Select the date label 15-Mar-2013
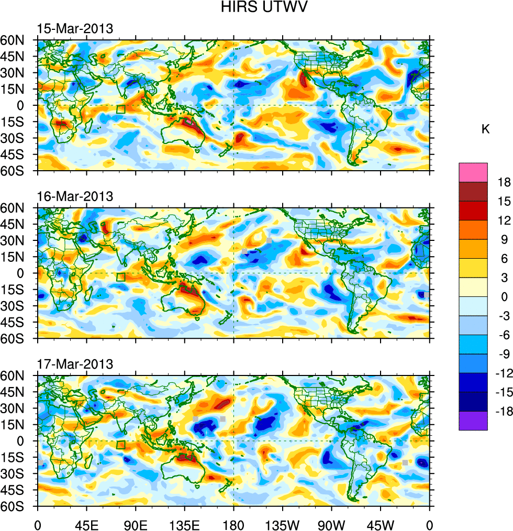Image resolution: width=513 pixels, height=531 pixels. pyautogui.click(x=74, y=29)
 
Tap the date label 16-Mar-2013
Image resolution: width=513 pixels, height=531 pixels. pyautogui.click(x=74, y=196)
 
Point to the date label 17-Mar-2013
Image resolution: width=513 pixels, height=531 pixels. pyautogui.click(x=74, y=364)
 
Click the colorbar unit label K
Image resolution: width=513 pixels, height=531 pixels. pyautogui.click(x=486, y=129)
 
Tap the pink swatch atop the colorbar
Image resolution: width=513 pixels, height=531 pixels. pyautogui.click(x=473, y=172)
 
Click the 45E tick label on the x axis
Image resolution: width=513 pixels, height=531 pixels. pyautogui.click(x=86, y=524)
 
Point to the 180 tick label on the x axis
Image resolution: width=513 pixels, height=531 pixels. pyautogui.click(x=233, y=524)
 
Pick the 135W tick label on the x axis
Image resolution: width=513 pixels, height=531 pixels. pyautogui.click(x=282, y=524)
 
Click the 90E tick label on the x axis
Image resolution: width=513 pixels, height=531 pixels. pyautogui.click(x=136, y=524)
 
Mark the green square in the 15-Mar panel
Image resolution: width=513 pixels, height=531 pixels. pyautogui.click(x=120, y=109)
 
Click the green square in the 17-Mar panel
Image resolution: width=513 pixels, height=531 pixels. pyautogui.click(x=120, y=445)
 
